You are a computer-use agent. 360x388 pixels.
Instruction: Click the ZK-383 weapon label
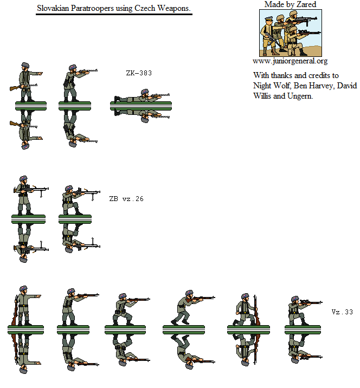pyautogui.click(x=139, y=73)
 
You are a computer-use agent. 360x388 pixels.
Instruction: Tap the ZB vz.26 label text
pyautogui.click(x=126, y=199)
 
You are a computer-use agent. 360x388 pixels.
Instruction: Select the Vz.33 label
pyautogui.click(x=342, y=312)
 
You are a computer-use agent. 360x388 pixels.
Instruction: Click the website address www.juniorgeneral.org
pyautogui.click(x=290, y=61)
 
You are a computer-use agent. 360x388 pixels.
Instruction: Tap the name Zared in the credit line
pyautogui.click(x=307, y=4)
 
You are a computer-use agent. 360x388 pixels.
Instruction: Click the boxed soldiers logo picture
pyautogui.click(x=291, y=33)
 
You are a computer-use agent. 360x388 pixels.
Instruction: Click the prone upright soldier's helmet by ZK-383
pyautogui.click(x=145, y=92)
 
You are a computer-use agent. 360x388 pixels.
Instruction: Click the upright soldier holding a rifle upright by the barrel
pyautogui.click(x=247, y=310)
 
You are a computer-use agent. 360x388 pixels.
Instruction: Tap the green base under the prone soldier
pyautogui.click(x=141, y=106)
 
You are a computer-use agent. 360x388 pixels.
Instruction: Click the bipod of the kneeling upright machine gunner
pyautogui.click(x=93, y=197)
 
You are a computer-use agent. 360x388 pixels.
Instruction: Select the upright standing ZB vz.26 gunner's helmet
pyautogui.click(x=23, y=179)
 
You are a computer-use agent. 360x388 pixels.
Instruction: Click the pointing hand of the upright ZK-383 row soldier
pyautogui.click(x=40, y=73)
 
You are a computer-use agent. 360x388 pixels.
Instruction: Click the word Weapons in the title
pyautogui.click(x=174, y=8)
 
